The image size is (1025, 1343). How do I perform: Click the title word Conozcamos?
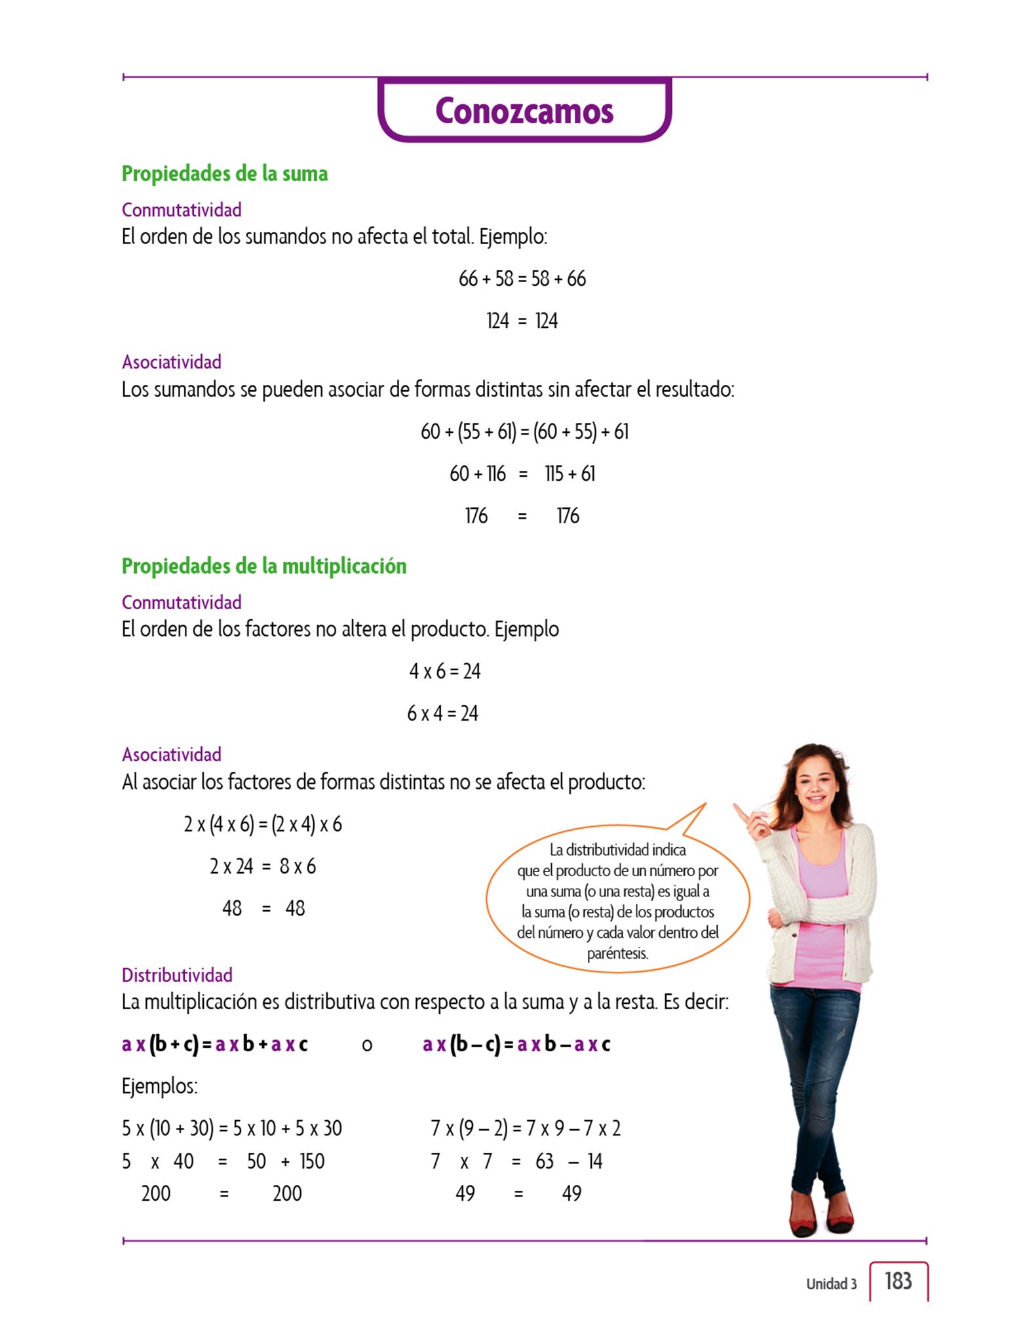coord(524,111)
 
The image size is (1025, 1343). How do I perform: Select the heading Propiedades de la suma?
coord(225,174)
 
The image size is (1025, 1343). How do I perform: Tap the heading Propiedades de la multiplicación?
coord(264,566)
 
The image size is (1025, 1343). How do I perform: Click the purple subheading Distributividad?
coord(177,975)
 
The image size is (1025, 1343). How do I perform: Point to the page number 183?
coord(898,1281)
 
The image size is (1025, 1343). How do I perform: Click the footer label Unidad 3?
coord(831,1284)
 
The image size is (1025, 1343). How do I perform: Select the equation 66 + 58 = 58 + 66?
coord(522,279)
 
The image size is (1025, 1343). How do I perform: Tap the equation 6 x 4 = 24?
coord(442,713)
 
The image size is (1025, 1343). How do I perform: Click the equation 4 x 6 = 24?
coord(444,671)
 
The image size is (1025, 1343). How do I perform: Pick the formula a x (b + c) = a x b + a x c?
coord(214,1044)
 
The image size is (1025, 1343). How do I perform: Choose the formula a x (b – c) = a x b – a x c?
coord(516,1044)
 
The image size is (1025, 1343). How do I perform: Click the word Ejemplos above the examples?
coord(159,1086)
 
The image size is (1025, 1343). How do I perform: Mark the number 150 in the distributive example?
coord(312,1161)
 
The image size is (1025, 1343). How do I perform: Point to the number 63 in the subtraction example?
coord(545,1161)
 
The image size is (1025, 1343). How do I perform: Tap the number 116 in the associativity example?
coord(495,473)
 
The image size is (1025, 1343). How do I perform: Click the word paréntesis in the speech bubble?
coord(617,953)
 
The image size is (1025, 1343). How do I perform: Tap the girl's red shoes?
coord(822,1220)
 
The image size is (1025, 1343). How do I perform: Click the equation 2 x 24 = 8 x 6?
coord(263,866)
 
